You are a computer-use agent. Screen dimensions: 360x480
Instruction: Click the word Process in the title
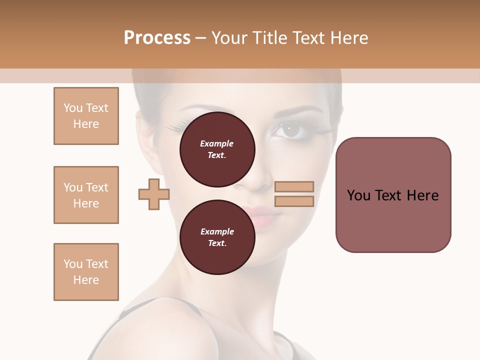click(x=157, y=38)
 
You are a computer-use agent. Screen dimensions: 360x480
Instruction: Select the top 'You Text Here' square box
click(x=86, y=116)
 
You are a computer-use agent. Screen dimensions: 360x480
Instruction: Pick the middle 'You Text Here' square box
click(x=86, y=195)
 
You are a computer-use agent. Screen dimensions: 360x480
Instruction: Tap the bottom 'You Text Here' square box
click(x=86, y=272)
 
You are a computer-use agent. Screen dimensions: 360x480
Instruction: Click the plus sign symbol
click(x=154, y=194)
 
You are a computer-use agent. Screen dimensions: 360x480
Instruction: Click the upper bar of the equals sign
click(x=294, y=186)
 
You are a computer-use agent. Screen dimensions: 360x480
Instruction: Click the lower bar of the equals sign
click(x=294, y=201)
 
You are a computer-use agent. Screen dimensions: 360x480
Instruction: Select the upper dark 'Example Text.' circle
click(x=217, y=149)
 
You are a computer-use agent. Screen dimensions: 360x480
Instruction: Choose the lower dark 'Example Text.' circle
click(x=217, y=237)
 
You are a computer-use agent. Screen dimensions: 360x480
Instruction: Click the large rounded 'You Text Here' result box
click(x=393, y=195)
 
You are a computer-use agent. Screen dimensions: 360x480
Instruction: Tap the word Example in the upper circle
click(x=217, y=143)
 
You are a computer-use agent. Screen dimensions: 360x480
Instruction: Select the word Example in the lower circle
click(x=217, y=231)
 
